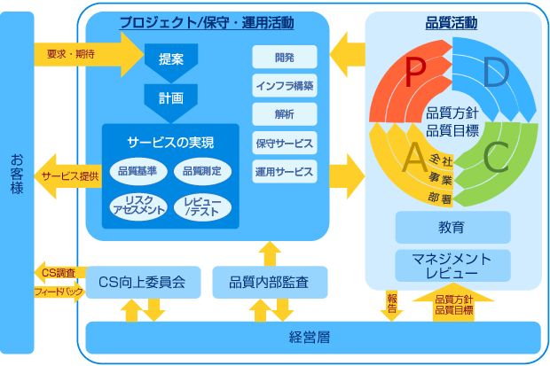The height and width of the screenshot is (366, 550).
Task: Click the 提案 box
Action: (171, 60)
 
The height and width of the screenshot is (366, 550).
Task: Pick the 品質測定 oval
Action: (202, 170)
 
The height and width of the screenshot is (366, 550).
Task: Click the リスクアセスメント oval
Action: (137, 206)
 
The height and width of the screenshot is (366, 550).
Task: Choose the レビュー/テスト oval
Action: (203, 206)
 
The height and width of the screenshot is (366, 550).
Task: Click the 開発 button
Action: (284, 57)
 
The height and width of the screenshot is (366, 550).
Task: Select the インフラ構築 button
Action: (284, 86)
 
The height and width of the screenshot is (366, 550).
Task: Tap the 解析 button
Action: (284, 114)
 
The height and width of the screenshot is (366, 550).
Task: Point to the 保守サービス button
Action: (284, 143)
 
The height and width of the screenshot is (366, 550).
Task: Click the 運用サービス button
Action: (284, 171)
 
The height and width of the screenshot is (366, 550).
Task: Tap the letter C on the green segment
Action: (495, 157)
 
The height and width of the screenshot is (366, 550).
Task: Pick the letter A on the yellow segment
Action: (413, 158)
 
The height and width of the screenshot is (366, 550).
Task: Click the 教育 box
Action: (452, 228)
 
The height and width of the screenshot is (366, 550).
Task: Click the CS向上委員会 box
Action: (142, 283)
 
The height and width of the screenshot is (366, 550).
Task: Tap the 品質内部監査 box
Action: (271, 283)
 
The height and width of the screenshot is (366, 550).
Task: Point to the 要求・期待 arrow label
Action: (71, 55)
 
